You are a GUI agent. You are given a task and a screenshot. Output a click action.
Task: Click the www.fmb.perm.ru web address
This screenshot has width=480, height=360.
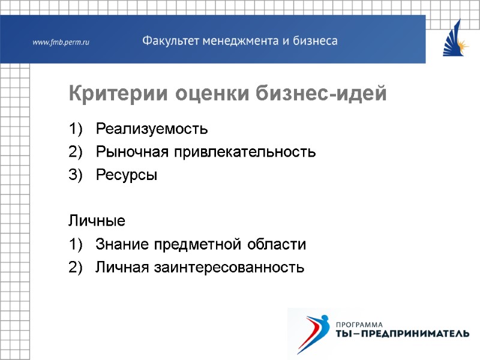[61, 42]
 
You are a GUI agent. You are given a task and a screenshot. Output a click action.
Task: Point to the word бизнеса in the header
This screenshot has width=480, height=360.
[314, 41]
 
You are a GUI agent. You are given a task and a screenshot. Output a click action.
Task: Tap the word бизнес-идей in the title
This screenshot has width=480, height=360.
[322, 94]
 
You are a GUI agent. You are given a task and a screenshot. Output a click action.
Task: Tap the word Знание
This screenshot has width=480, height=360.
[122, 245]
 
